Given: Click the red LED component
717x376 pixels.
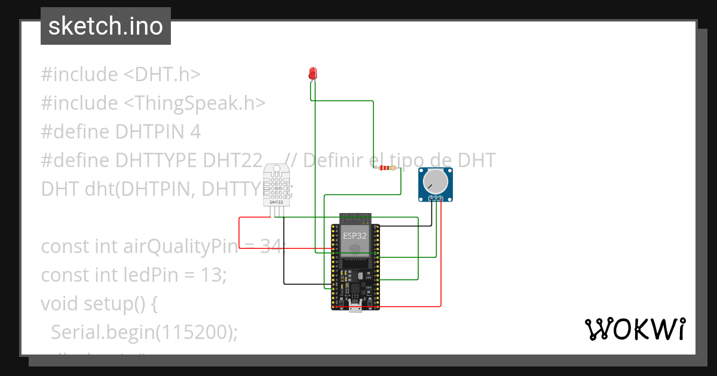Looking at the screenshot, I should click(x=312, y=73).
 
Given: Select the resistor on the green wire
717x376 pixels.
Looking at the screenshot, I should click(x=387, y=168).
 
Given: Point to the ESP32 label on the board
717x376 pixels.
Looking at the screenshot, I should click(x=354, y=235).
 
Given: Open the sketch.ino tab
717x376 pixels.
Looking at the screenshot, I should click(x=106, y=26).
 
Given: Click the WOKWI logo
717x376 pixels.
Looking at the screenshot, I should click(x=635, y=329).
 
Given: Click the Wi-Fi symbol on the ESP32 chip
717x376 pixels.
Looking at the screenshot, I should click(x=355, y=248).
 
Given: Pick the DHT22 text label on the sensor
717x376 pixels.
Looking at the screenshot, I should click(x=276, y=202).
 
